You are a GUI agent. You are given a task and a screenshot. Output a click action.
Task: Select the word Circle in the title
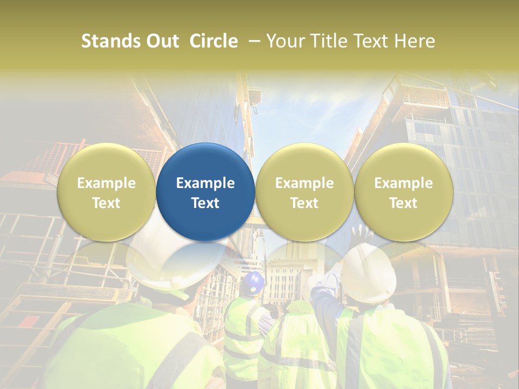(214, 41)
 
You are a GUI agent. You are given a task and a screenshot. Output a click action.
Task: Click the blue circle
(205, 192)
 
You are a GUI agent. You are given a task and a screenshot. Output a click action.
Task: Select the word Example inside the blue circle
(205, 183)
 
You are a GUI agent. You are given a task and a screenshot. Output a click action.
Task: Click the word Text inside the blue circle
(205, 203)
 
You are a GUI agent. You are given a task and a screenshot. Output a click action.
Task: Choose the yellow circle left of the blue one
(107, 192)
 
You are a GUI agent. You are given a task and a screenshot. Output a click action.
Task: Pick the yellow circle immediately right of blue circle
(304, 192)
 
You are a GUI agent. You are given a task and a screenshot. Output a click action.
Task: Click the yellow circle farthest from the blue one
(404, 192)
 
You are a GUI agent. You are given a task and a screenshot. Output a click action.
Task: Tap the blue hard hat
(253, 283)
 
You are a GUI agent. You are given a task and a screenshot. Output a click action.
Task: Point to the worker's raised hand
(361, 234)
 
